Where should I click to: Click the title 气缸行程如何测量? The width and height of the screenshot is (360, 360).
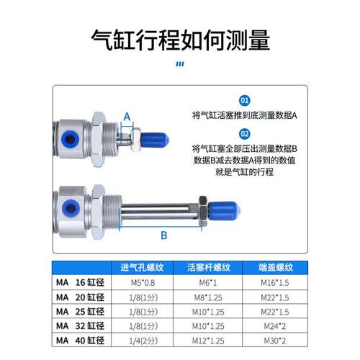[180, 38]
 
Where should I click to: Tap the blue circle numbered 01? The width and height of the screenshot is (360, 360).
[245, 101]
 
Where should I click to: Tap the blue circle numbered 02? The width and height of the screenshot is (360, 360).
[245, 133]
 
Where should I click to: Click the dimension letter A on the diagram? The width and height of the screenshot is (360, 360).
[127, 115]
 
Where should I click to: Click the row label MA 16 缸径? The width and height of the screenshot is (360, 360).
[80, 282]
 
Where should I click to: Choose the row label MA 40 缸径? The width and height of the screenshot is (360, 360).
[80, 339]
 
